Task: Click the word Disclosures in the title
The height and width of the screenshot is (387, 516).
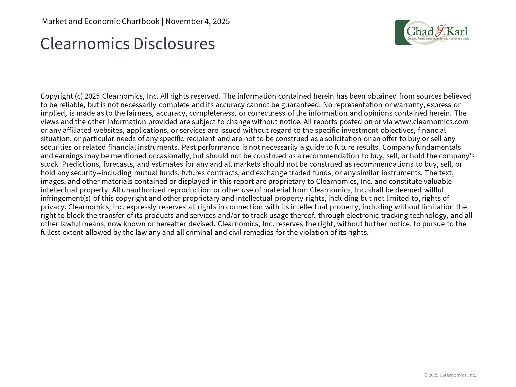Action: pyautogui.click(x=174, y=44)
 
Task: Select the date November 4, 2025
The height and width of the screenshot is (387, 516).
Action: pyautogui.click(x=198, y=21)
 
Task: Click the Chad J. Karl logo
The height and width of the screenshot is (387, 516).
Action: pyautogui.click(x=432, y=33)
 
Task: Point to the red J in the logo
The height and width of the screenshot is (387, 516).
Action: pyautogui.click(x=440, y=32)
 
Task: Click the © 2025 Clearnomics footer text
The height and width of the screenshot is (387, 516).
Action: pyautogui.click(x=450, y=375)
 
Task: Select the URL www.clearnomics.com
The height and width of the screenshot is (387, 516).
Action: pyautogui.click(x=431, y=122)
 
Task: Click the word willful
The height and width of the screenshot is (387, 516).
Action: pyautogui.click(x=434, y=190)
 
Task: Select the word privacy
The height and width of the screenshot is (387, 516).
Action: pyautogui.click(x=53, y=207)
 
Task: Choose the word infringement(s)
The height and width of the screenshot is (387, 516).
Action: pyautogui.click(x=66, y=198)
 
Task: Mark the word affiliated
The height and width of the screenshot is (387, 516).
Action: pyautogui.click(x=77, y=130)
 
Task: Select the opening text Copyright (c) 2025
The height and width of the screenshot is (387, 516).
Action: pyautogui.click(x=70, y=96)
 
